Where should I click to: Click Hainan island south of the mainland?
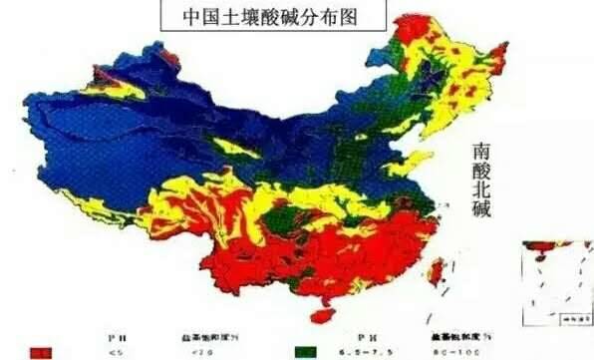click(x=322, y=313)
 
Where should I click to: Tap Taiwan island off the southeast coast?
click(x=438, y=270)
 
